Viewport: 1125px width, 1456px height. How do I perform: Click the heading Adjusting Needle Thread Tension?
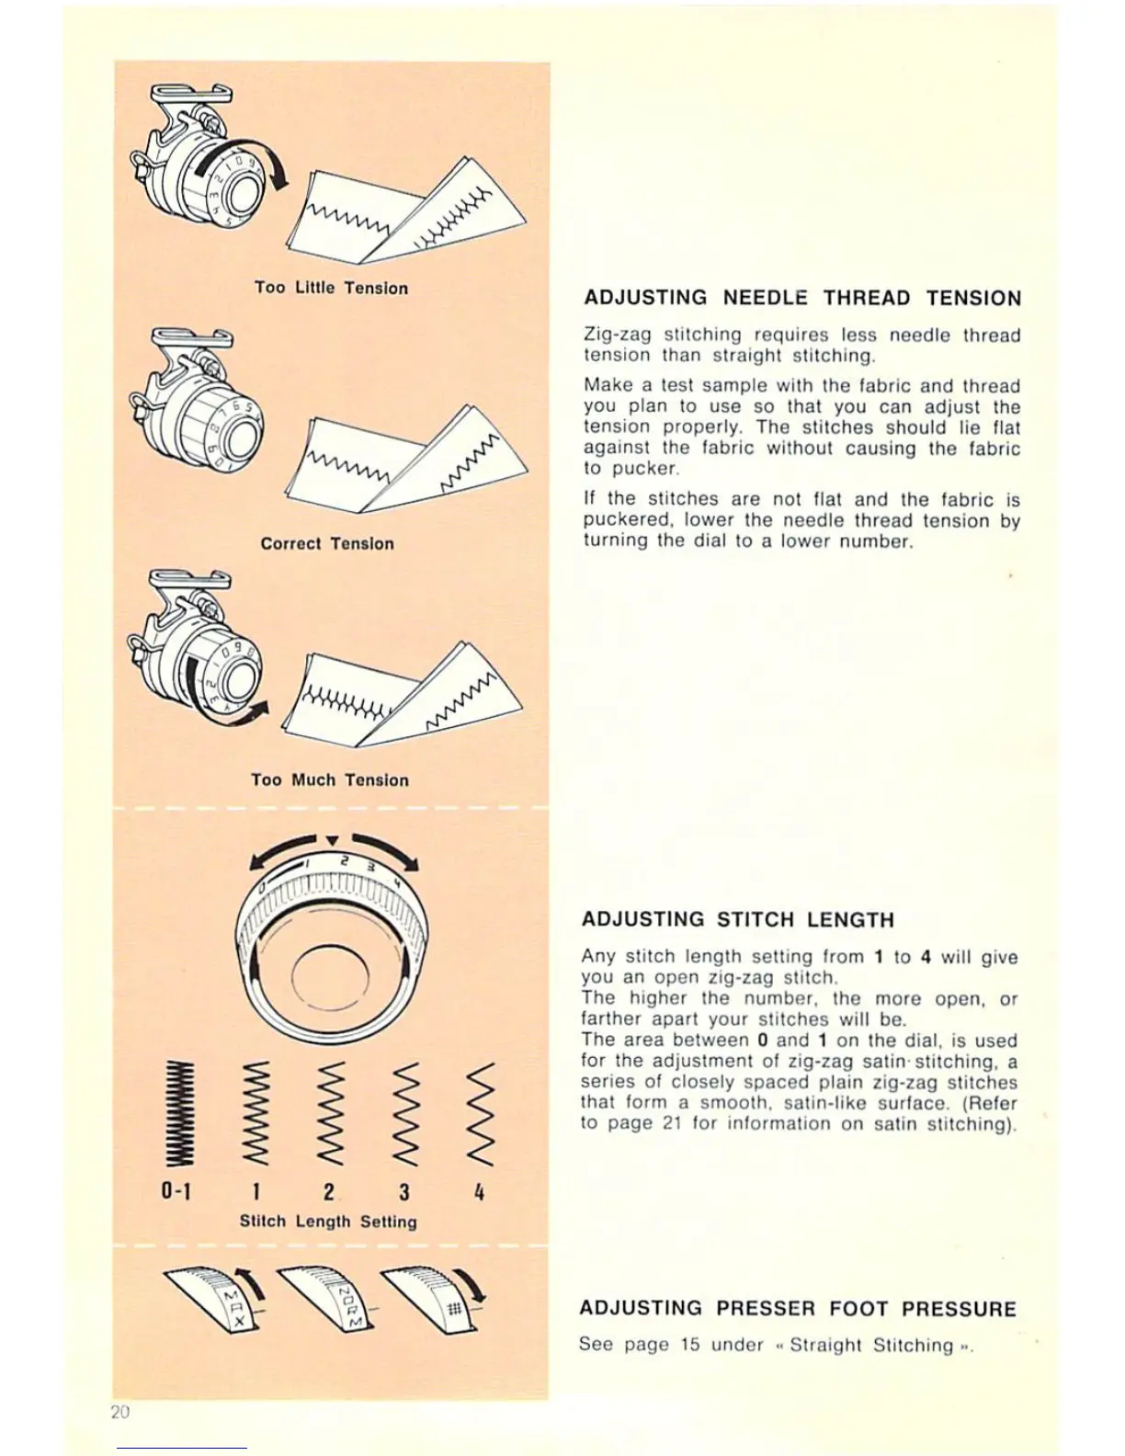[802, 298]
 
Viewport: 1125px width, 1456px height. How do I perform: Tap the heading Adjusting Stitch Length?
[737, 920]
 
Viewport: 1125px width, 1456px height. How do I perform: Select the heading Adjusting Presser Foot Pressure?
[798, 1309]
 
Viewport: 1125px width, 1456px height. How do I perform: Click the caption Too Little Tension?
[331, 288]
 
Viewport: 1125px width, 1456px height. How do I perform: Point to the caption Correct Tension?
[327, 543]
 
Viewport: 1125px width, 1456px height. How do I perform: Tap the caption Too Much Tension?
[330, 779]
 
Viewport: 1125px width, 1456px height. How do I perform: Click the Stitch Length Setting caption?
[328, 1222]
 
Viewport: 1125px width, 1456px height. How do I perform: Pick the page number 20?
[119, 1413]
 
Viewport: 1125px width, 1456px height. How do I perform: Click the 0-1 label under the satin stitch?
[176, 1191]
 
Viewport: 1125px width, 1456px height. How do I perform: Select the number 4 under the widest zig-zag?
[480, 1191]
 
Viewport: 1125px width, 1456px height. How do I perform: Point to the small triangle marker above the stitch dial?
[333, 839]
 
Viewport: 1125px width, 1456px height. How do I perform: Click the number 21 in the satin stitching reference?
[670, 1123]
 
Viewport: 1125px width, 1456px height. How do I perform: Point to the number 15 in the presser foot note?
[690, 1345]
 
